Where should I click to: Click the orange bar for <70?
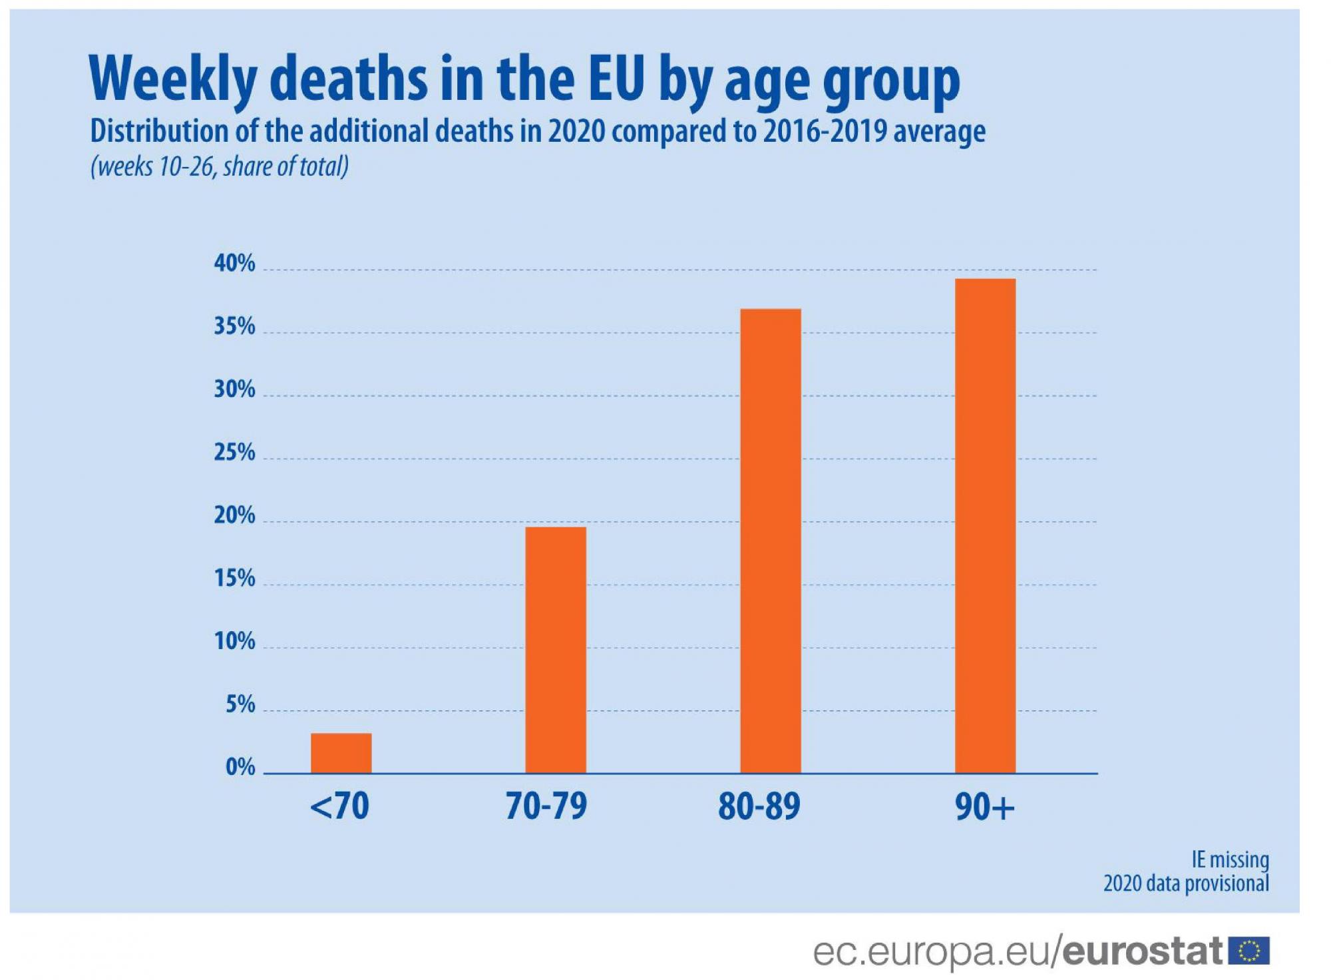(341, 753)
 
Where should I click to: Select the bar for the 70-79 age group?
(556, 650)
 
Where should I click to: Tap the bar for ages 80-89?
(771, 541)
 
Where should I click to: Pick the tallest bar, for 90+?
(985, 526)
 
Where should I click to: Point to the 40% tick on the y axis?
(234, 264)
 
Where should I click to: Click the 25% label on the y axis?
(234, 453)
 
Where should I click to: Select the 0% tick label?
(240, 767)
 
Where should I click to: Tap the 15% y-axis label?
(234, 579)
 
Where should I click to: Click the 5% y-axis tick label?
(240, 704)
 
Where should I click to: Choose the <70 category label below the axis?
(339, 806)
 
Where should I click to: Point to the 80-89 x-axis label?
(759, 806)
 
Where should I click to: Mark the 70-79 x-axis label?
(546, 806)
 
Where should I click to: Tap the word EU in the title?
(617, 79)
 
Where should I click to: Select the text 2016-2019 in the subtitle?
(825, 131)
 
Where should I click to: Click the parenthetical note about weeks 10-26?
(220, 166)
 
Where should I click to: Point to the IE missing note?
(1230, 859)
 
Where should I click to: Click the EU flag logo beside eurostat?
(1249, 951)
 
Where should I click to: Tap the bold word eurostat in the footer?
(1142, 951)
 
